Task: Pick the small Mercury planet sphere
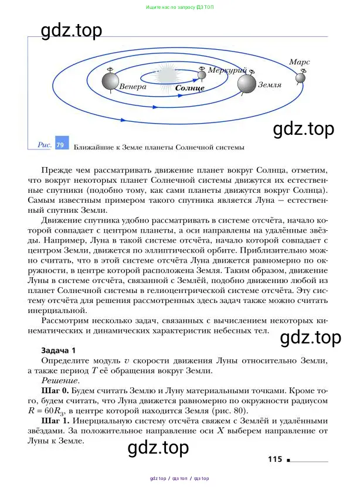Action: [x=202, y=73]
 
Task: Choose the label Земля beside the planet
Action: [x=270, y=84]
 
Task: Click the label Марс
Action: [x=299, y=62]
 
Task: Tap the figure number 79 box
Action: [x=60, y=144]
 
